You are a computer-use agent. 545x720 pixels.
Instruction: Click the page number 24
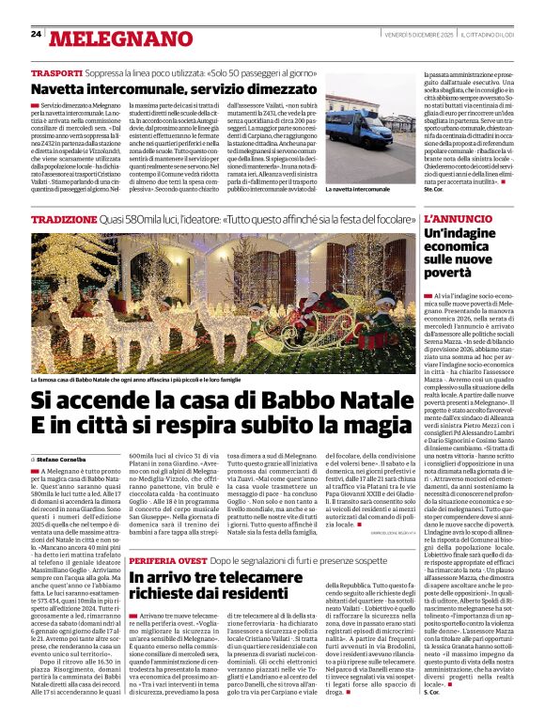(36, 35)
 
